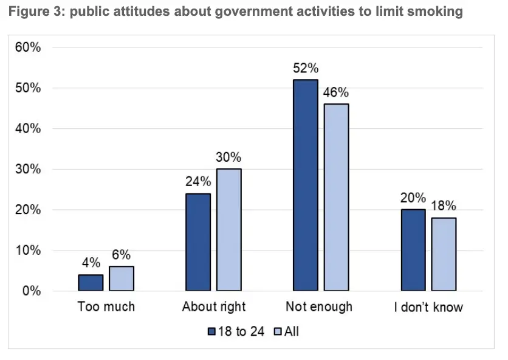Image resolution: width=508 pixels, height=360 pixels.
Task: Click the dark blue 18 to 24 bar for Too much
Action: [91, 283]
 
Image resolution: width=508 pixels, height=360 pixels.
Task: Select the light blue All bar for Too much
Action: [121, 279]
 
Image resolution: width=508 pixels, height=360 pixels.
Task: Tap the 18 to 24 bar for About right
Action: [198, 242]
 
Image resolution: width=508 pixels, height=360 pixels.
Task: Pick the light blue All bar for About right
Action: [228, 230]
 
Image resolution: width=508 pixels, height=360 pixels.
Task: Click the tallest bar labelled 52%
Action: [305, 185]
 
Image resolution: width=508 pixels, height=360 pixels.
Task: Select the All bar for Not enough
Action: [336, 198]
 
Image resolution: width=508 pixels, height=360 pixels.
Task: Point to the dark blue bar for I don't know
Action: [413, 250]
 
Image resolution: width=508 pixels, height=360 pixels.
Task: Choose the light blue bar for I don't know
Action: [444, 254]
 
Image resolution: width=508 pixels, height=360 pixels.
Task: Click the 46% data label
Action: [336, 92]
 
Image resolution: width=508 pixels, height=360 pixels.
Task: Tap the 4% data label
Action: [91, 263]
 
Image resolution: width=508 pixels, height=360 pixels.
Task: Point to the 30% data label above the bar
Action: [228, 157]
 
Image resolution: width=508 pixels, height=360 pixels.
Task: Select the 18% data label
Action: [444, 206]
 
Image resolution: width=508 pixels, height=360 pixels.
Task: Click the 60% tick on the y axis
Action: [28, 47]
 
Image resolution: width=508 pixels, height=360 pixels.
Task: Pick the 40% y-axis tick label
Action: [28, 129]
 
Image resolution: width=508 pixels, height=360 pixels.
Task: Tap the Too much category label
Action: [106, 306]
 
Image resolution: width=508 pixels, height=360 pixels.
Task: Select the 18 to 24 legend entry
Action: [236, 332]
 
